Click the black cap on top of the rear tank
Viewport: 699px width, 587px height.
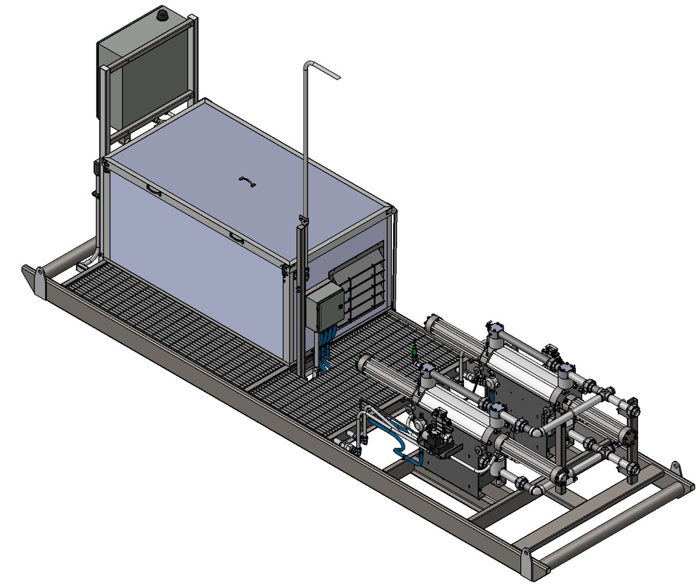pyautogui.click(x=162, y=15)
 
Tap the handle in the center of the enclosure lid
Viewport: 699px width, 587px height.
pyautogui.click(x=247, y=181)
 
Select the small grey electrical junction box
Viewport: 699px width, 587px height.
pyautogui.click(x=323, y=305)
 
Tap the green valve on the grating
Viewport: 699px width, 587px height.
pyautogui.click(x=414, y=352)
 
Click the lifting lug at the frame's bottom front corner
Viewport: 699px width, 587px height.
pyautogui.click(x=526, y=563)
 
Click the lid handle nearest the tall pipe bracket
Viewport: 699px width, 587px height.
pyautogui.click(x=237, y=239)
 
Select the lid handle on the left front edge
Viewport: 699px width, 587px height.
pyautogui.click(x=154, y=190)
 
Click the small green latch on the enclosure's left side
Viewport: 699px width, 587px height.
pyautogui.click(x=94, y=194)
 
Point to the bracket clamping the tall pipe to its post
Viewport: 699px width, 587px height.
pyautogui.click(x=303, y=222)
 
